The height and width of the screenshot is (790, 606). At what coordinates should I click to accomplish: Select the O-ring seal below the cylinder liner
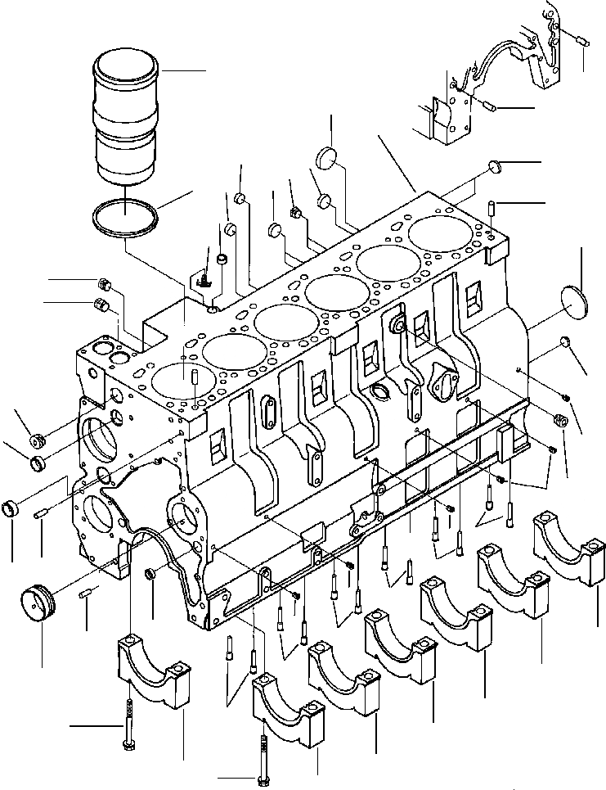[123, 221]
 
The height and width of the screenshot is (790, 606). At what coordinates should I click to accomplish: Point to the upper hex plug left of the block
[104, 284]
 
